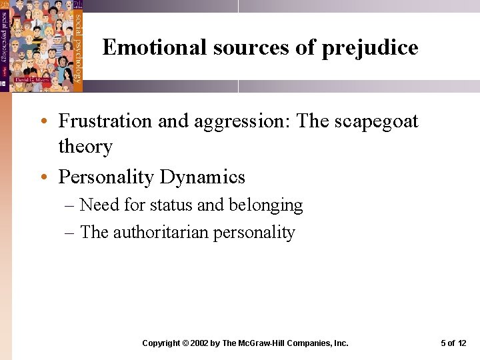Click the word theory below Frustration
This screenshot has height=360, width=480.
click(85, 146)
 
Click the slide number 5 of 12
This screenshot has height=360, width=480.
click(453, 343)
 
